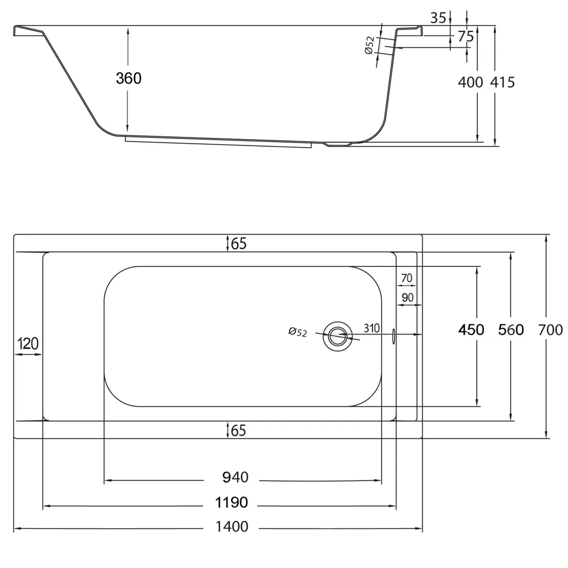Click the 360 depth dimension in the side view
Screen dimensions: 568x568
point(128,78)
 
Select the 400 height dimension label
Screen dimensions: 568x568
point(470,82)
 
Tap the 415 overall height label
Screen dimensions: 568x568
point(503,82)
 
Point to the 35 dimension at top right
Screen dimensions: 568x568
point(437,18)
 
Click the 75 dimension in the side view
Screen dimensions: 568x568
point(466,36)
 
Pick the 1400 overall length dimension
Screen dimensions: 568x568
point(232,527)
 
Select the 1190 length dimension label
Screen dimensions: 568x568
point(232,503)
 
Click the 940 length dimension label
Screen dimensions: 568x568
point(235,478)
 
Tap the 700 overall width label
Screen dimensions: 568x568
point(550,329)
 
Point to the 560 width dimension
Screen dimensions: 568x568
point(510,329)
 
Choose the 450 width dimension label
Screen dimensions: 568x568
point(472,329)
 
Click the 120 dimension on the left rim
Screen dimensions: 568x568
point(27,343)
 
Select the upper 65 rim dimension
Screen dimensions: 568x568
point(239,244)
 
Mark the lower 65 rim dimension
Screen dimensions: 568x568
point(239,431)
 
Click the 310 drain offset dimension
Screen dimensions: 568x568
point(371,329)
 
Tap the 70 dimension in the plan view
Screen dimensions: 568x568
point(406,278)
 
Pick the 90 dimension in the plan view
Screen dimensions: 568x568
point(407,298)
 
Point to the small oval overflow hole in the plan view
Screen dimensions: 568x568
point(394,336)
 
